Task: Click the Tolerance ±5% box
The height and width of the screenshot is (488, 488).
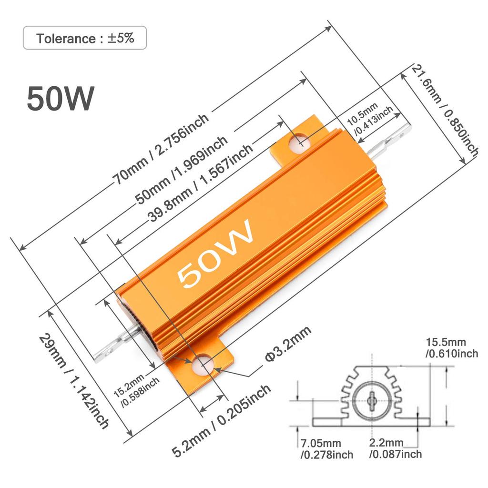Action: (x=85, y=39)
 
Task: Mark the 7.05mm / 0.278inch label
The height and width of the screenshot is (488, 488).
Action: (x=326, y=449)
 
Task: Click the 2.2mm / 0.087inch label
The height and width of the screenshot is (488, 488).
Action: (x=395, y=449)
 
